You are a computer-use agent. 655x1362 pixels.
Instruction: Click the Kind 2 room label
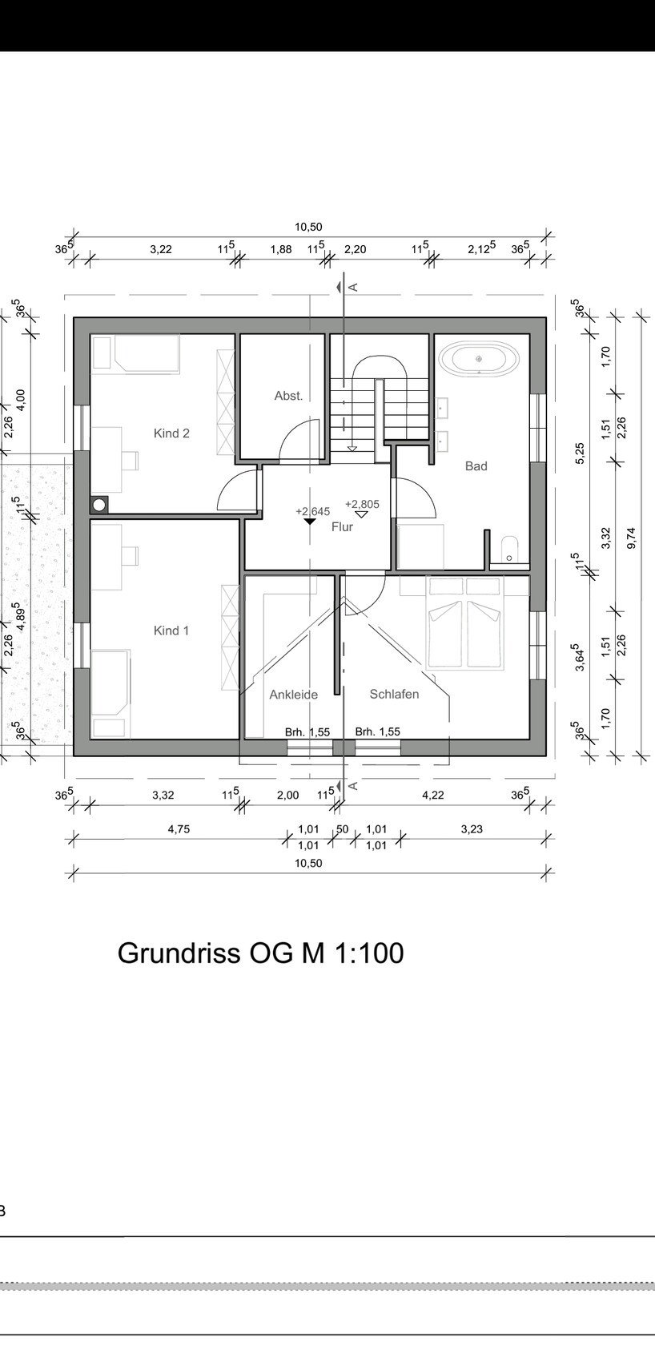[171, 433]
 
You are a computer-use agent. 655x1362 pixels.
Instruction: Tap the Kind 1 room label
[171, 631]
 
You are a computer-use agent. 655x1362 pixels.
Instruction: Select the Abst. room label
[288, 396]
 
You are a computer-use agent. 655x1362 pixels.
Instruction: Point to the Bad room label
[476, 466]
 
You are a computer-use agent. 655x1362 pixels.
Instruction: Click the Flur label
[342, 527]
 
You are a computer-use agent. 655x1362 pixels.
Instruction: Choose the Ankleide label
[294, 695]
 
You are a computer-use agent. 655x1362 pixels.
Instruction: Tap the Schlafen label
[394, 694]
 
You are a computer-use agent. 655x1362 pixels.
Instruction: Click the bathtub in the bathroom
[480, 359]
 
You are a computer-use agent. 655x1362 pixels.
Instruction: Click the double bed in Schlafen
[465, 623]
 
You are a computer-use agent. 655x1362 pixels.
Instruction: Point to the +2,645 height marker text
[313, 512]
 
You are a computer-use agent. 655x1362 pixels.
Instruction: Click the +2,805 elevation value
[362, 504]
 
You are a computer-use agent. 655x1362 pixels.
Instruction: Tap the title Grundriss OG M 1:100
[261, 953]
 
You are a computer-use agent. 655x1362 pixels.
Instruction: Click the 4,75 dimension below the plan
[179, 828]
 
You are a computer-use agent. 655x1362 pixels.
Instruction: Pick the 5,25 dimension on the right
[580, 453]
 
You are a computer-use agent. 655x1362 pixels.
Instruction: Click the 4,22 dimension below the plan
[433, 795]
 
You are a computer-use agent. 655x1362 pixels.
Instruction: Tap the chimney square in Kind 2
[98, 504]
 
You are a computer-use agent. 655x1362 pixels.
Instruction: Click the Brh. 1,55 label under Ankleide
[307, 732]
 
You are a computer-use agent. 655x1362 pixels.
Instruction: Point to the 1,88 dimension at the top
[281, 249]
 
